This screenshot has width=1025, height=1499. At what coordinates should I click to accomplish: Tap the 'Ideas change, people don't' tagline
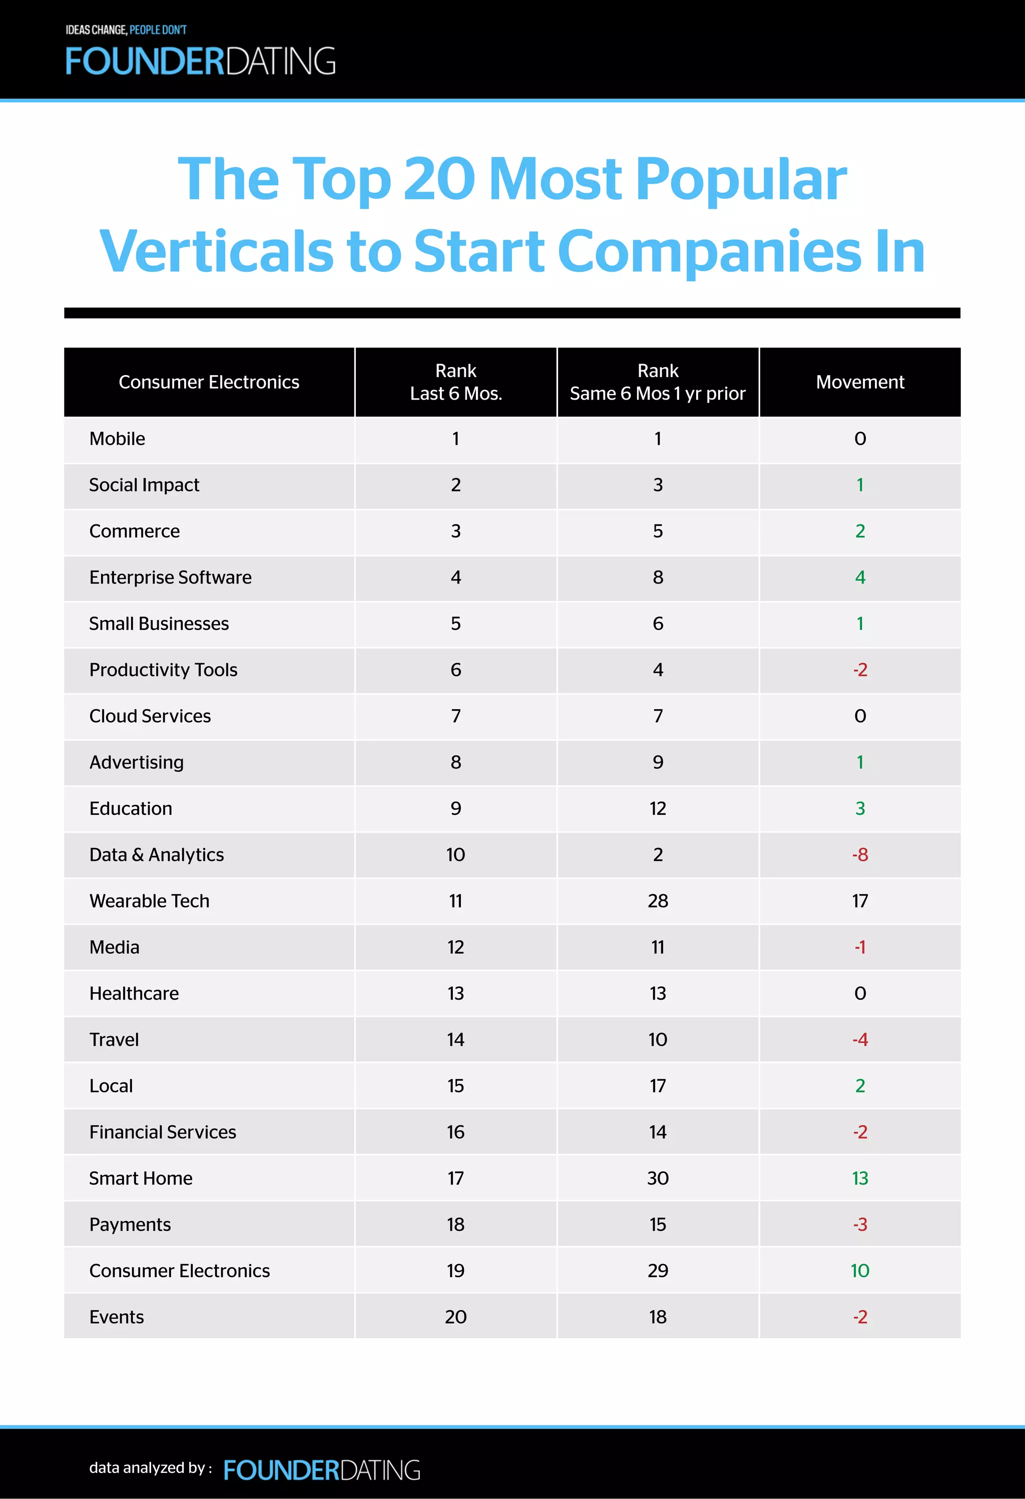(126, 30)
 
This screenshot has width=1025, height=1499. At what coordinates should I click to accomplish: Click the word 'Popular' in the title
(741, 179)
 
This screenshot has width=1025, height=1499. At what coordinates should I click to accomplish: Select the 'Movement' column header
(859, 382)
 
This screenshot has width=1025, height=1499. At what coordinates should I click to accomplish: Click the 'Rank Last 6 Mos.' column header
(456, 382)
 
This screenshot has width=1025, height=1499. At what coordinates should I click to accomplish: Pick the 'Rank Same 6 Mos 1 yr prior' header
(658, 382)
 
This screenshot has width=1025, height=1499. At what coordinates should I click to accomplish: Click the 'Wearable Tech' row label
(150, 901)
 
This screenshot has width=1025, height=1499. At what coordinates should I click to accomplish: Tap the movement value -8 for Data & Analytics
(859, 854)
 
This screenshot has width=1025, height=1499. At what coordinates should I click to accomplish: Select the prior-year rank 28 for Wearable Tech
(658, 901)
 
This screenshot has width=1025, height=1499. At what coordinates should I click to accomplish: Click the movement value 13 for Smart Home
(859, 1178)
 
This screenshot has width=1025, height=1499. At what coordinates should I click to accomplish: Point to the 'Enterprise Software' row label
(170, 577)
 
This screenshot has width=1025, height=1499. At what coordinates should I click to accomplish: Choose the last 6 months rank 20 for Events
(456, 1317)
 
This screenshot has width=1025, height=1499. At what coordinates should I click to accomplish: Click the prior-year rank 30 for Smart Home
(658, 1178)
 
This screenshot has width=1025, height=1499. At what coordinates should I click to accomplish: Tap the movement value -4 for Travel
(859, 1039)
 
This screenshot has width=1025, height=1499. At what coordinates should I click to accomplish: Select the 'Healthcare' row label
(134, 993)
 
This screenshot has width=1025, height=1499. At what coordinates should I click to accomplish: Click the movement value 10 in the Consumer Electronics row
(859, 1271)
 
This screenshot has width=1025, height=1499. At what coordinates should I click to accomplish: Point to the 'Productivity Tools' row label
(163, 670)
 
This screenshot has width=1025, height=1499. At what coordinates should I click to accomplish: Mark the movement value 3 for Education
(859, 808)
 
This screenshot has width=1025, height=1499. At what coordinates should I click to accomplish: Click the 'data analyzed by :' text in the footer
(151, 1467)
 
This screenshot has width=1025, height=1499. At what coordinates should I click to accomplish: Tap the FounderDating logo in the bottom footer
(322, 1470)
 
